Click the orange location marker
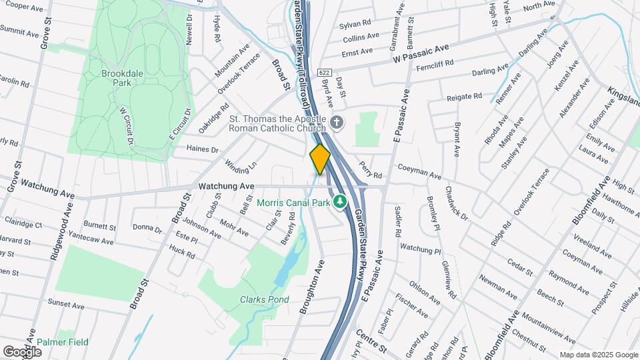click(320, 159)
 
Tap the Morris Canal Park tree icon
click(340, 201)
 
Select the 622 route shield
click(324, 72)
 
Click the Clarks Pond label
click(265, 300)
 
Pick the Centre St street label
click(371, 342)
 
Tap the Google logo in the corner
click(22, 351)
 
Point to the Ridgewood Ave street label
click(62, 230)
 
